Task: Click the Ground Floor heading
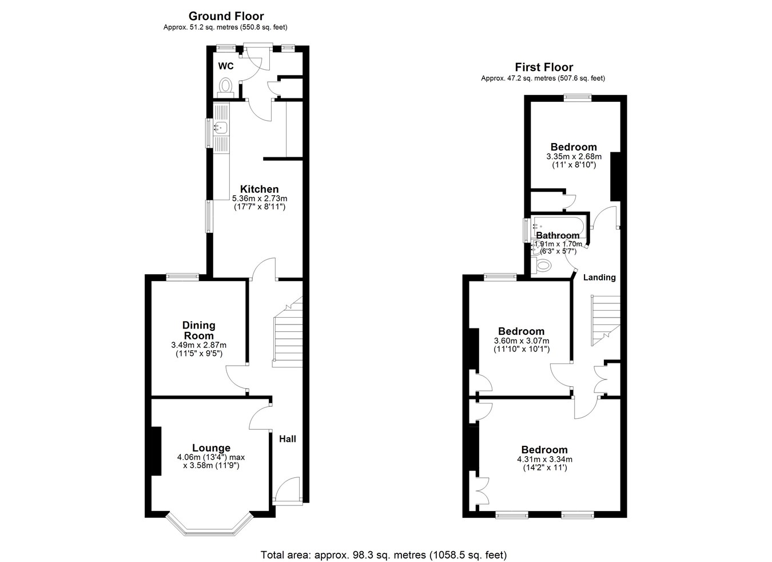226,16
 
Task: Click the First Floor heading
544,67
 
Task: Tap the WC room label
226,66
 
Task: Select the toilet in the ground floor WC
226,88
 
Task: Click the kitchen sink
220,128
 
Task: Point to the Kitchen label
259,189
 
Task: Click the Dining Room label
199,330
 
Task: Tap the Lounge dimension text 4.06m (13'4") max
211,457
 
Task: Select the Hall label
288,439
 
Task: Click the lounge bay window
209,525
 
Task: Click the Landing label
599,278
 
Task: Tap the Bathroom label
558,235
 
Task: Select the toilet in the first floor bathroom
542,266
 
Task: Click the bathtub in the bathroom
558,225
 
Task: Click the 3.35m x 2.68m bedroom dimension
574,157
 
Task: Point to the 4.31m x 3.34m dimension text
544,460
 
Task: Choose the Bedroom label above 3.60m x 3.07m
521,331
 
